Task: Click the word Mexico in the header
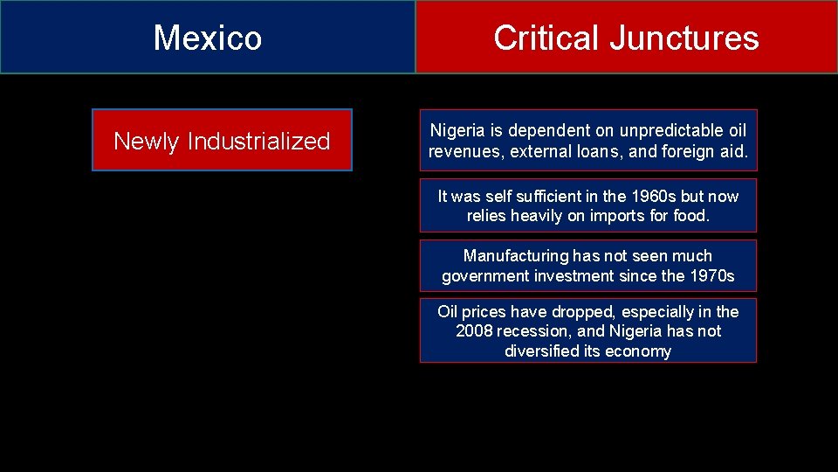coord(208,38)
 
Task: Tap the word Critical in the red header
coord(546,38)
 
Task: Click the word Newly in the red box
coord(147,141)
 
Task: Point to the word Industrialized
coord(258,141)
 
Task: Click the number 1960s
coord(639,196)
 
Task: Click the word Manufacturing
coord(515,256)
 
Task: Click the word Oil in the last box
coord(448,312)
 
